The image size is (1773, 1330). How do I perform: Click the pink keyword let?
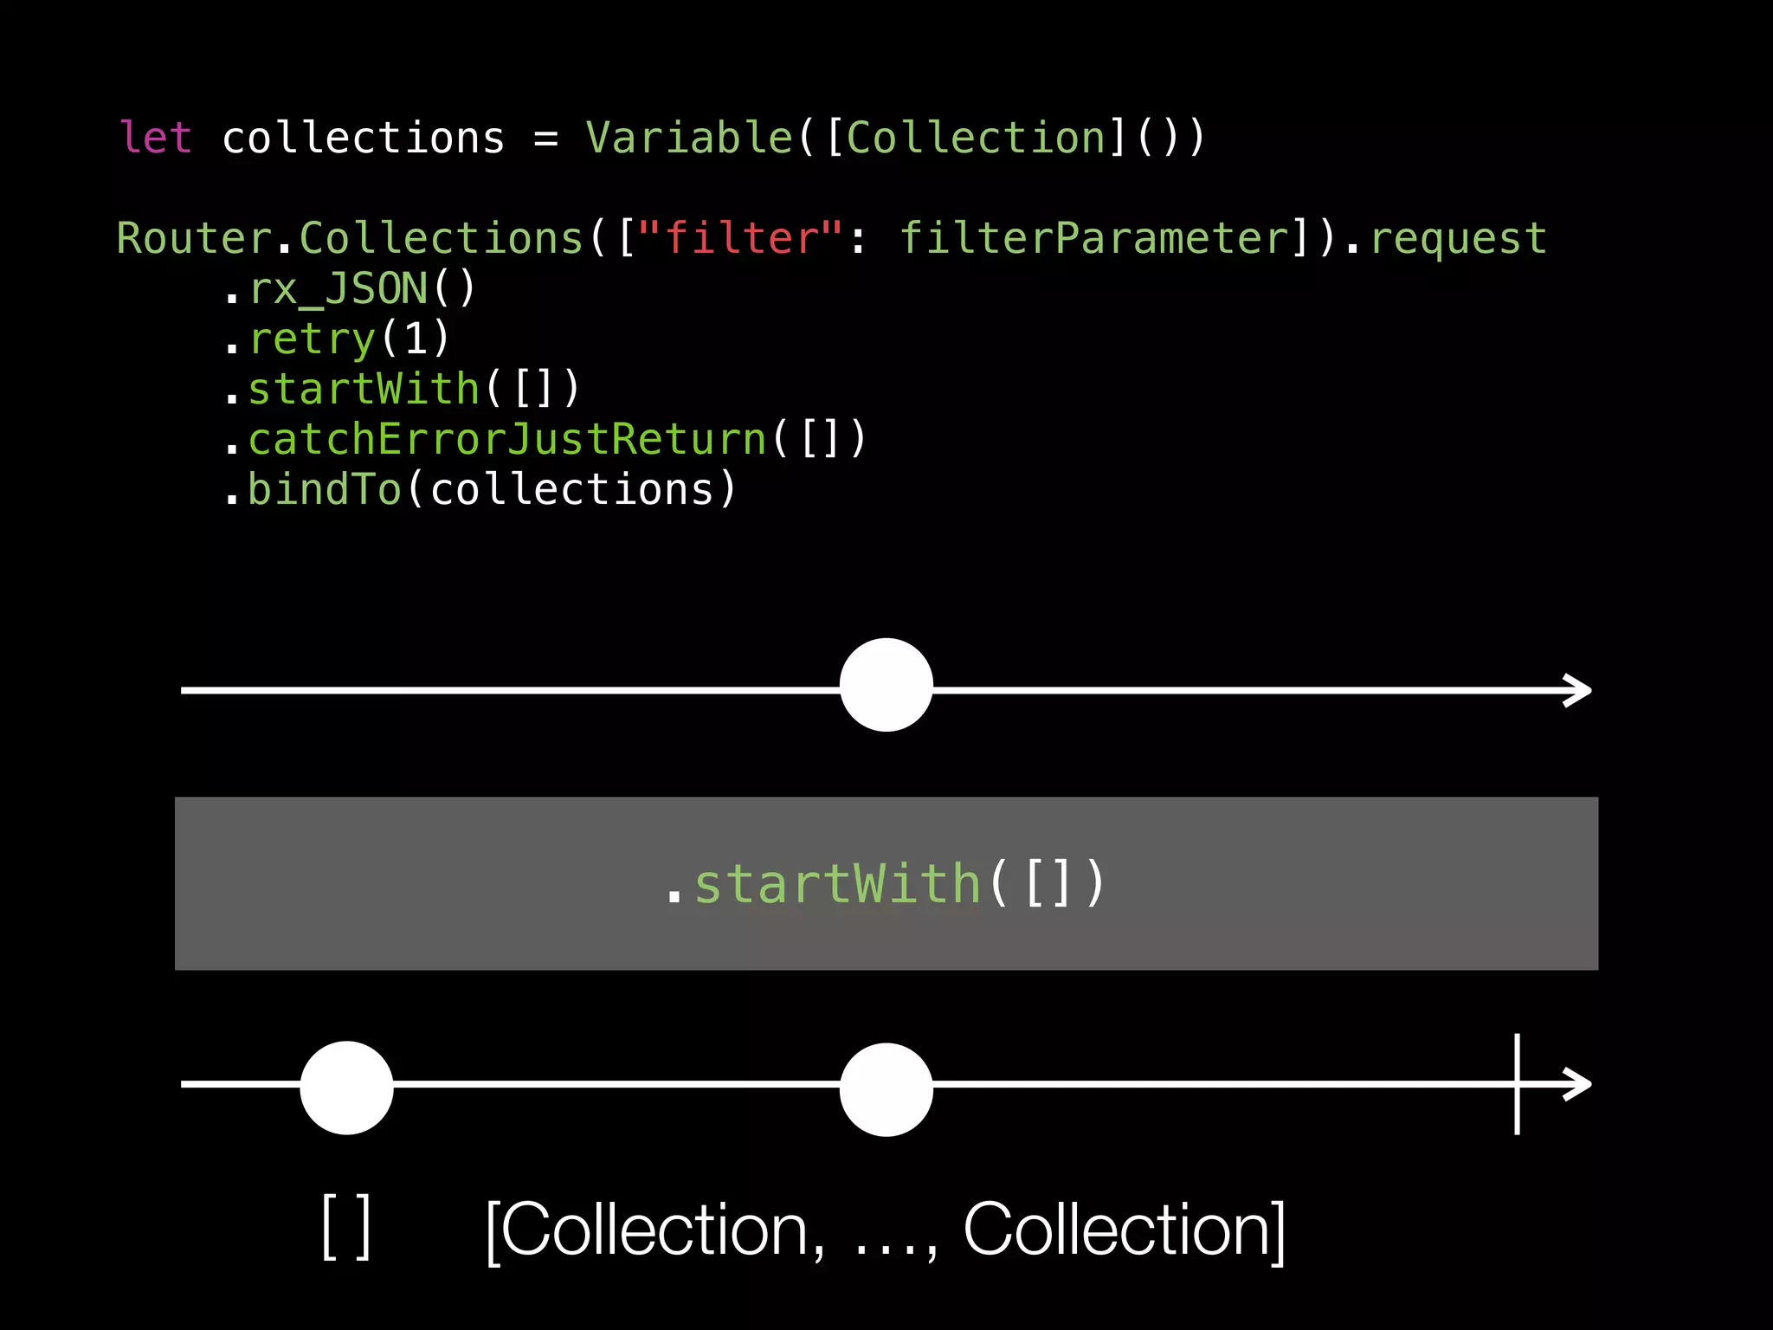(156, 138)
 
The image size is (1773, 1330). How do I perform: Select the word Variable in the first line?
(689, 138)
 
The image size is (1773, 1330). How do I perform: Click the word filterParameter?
(1094, 238)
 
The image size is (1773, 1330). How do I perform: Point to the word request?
(1459, 238)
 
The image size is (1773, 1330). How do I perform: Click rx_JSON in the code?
(338, 288)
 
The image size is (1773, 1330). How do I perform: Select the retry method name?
(313, 339)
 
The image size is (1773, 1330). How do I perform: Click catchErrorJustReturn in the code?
(507, 439)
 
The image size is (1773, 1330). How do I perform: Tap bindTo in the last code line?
(325, 489)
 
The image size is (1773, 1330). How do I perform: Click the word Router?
(195, 238)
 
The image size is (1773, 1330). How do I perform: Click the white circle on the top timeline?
(886, 686)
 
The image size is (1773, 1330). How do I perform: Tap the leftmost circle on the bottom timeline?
(346, 1088)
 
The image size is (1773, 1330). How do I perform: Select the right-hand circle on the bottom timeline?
(886, 1089)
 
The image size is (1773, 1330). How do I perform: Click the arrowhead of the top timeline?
(1579, 690)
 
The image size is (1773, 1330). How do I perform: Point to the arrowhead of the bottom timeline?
(1579, 1084)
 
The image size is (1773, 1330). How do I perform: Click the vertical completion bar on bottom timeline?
(1517, 1084)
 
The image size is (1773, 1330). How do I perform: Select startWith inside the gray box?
(837, 884)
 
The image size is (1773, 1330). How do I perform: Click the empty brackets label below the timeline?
(346, 1228)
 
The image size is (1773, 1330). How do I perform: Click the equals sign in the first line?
(545, 139)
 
